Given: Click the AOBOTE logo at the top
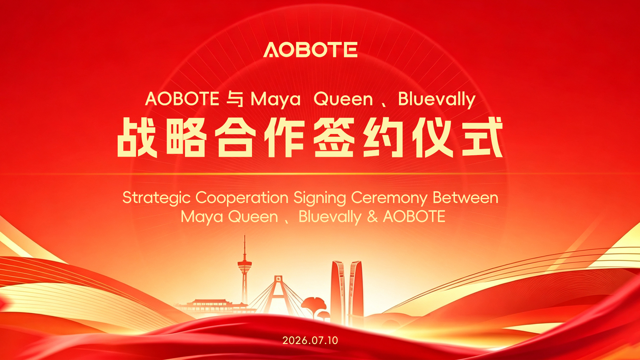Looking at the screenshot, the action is (x=310, y=50).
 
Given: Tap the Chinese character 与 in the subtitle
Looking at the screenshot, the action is (x=235, y=99).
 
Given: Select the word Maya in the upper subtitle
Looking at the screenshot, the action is (x=275, y=99).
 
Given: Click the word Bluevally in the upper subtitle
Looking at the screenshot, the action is (x=437, y=99).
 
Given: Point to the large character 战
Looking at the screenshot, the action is (x=137, y=137).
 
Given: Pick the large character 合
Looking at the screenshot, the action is (x=235, y=137).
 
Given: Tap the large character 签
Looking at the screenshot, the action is (x=334, y=137).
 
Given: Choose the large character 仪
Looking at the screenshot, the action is (x=433, y=137).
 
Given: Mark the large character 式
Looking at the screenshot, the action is (x=482, y=137).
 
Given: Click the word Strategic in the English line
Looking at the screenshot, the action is (x=156, y=198).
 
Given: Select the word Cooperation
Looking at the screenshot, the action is (x=242, y=198).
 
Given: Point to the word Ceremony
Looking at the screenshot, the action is (x=389, y=198).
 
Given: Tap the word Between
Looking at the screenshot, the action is (x=465, y=197).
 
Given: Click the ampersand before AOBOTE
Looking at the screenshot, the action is (x=372, y=217).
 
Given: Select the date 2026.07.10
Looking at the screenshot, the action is (x=310, y=340).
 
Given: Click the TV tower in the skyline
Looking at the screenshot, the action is (x=245, y=270).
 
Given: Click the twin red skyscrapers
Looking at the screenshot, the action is (x=347, y=290).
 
